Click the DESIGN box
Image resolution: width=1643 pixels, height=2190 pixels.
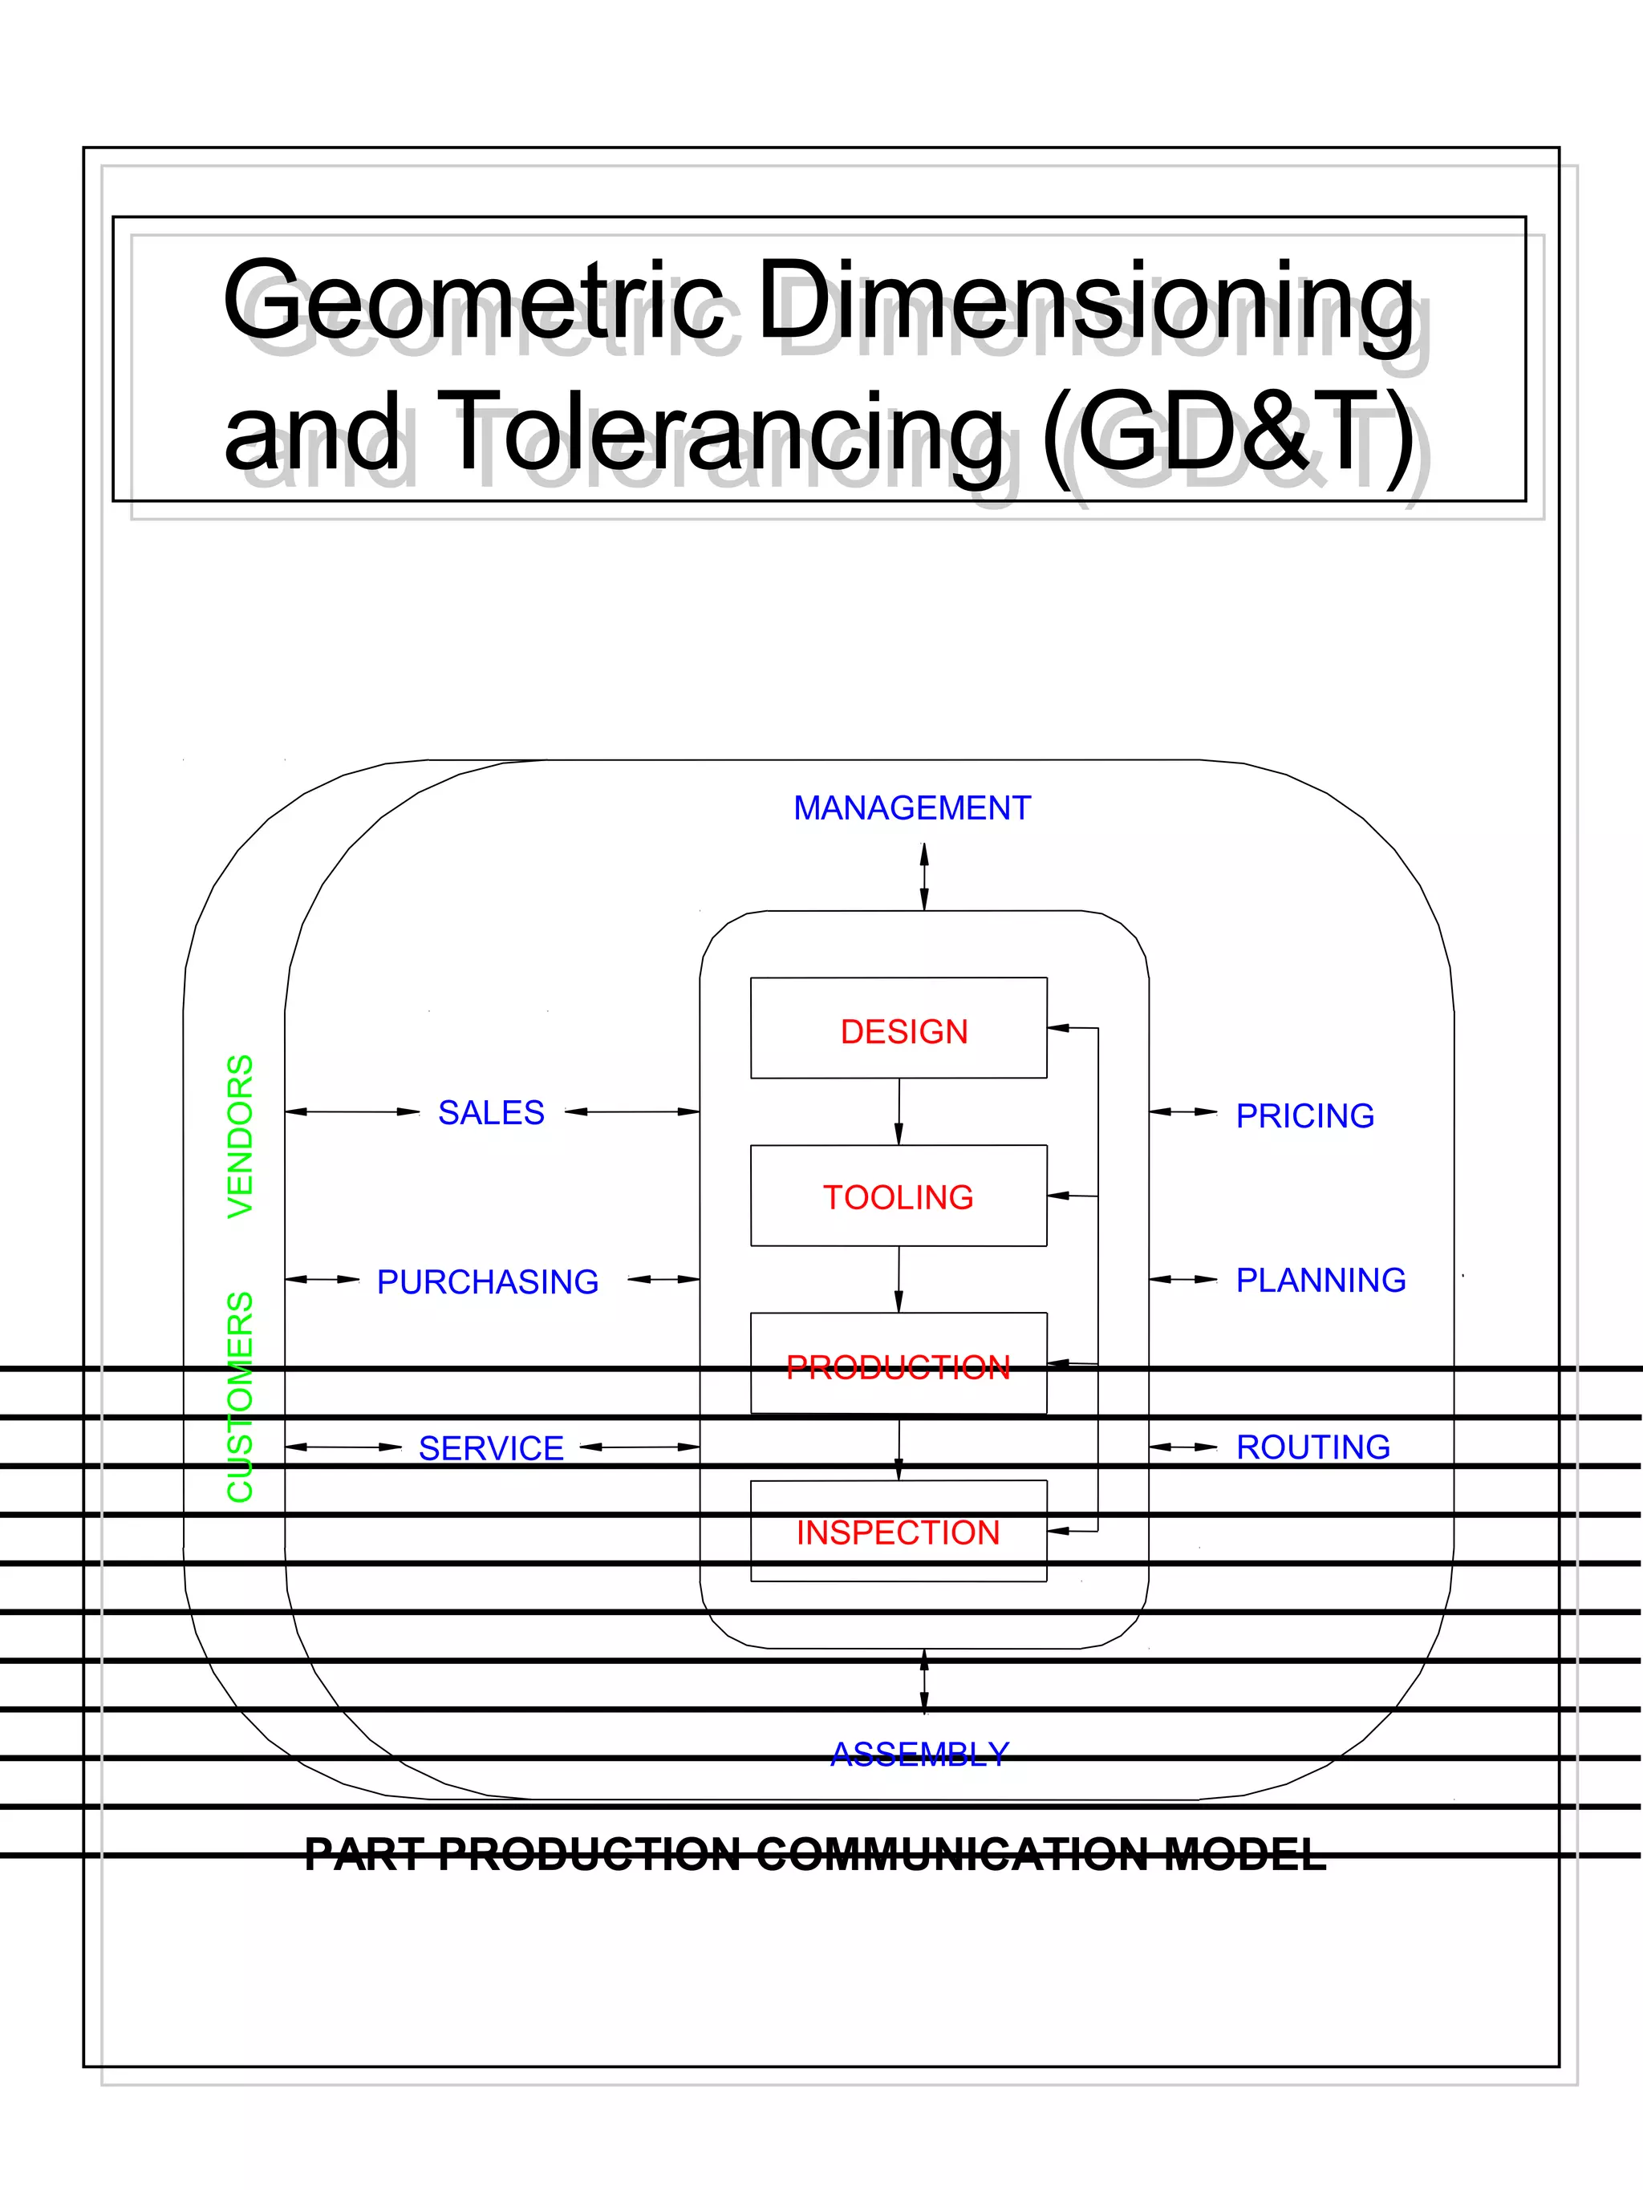click(899, 1028)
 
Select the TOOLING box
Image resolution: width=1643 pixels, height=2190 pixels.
click(899, 1195)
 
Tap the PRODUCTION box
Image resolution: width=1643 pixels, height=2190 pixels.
click(899, 1363)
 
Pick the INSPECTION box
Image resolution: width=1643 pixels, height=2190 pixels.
click(899, 1531)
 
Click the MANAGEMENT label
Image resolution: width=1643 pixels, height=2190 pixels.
click(911, 808)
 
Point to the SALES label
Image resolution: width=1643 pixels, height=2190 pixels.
click(491, 1113)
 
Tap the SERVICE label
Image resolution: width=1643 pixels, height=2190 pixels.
click(491, 1448)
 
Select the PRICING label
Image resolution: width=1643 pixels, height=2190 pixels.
click(1304, 1115)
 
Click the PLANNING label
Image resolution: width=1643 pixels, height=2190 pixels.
click(1320, 1280)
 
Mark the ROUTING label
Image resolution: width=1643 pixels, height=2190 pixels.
click(1312, 1447)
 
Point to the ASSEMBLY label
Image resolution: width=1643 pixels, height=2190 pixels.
click(919, 1755)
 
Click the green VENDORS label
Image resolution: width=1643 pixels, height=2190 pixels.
click(241, 1135)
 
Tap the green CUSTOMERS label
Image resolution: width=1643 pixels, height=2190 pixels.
click(241, 1396)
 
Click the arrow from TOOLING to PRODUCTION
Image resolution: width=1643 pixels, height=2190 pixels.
click(899, 1279)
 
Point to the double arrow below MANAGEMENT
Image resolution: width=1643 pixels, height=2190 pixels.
click(924, 876)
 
